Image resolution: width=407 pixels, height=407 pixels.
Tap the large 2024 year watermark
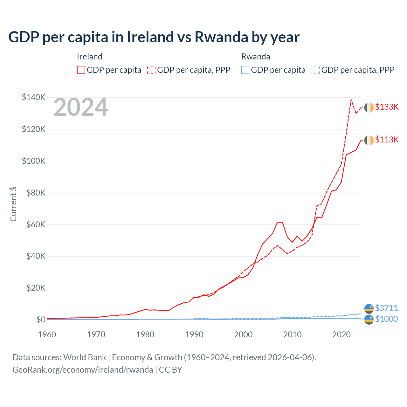pyautogui.click(x=81, y=107)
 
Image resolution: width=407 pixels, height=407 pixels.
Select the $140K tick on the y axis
pyautogui.click(x=34, y=97)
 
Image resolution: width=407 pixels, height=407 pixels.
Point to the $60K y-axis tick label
pyautogui.click(x=35, y=224)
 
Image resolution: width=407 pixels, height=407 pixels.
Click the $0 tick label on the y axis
pyautogui.click(x=41, y=320)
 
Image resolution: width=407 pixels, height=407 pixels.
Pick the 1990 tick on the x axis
pyautogui.click(x=194, y=335)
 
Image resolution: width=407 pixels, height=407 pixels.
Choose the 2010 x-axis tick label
pyautogui.click(x=292, y=335)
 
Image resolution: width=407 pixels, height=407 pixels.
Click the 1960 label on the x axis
pyautogui.click(x=47, y=335)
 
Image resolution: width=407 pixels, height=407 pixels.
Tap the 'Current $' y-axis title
pyautogui.click(x=13, y=204)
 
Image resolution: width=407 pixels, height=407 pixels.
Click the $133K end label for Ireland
pyautogui.click(x=387, y=107)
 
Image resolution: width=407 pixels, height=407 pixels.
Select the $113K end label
pyautogui.click(x=387, y=140)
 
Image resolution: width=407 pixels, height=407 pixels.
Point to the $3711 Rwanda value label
pyautogui.click(x=386, y=308)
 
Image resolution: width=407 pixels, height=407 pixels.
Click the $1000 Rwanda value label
pyautogui.click(x=386, y=319)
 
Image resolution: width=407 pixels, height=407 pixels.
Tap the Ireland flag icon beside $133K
pyautogui.click(x=369, y=108)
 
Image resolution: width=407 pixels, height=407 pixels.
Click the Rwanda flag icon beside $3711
pyautogui.click(x=369, y=308)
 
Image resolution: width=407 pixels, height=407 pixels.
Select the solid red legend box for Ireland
pyautogui.click(x=81, y=70)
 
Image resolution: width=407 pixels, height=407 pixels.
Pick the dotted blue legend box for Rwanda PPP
pyautogui.click(x=316, y=70)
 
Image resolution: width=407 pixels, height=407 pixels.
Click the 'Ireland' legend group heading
pyautogui.click(x=90, y=57)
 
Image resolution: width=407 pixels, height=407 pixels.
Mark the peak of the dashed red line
pyautogui.click(x=351, y=100)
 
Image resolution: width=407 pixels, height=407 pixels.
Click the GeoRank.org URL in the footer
pyautogui.click(x=83, y=370)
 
